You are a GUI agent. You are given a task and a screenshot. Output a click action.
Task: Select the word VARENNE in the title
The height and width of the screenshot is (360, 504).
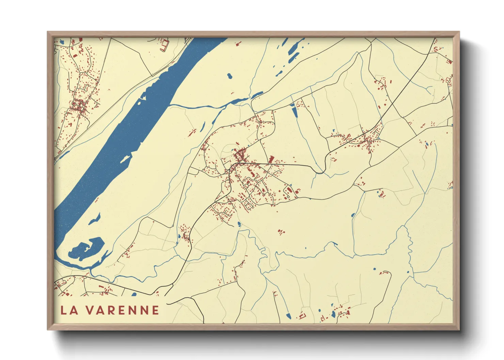[122, 310]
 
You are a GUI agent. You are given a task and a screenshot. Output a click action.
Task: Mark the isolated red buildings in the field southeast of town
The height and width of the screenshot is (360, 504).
[281, 232]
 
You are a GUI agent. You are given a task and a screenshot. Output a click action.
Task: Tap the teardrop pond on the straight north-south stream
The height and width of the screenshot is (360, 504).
[353, 215]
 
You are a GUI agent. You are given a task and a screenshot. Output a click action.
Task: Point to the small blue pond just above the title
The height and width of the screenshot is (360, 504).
[134, 294]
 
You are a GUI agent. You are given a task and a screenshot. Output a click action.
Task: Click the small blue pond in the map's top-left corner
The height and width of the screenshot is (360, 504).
[62, 42]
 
